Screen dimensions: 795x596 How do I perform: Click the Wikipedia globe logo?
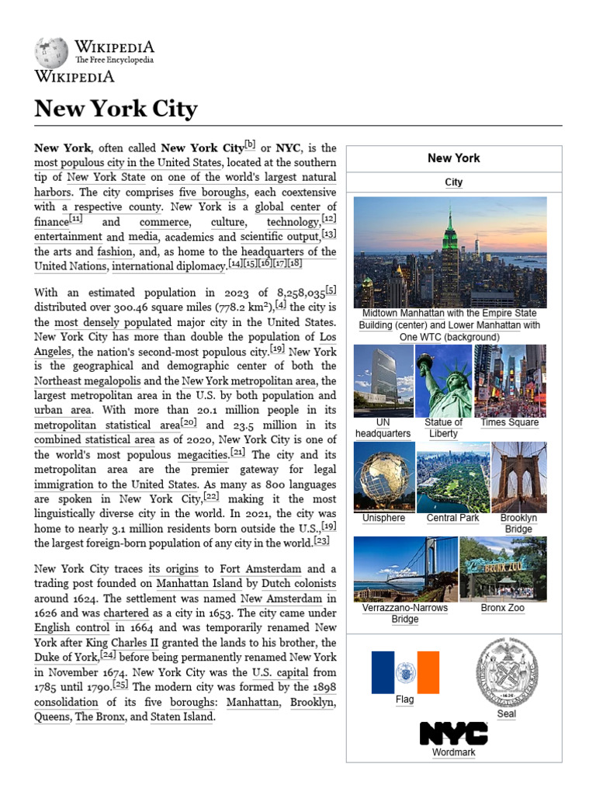pyautogui.click(x=51, y=52)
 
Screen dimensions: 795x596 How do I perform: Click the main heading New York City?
pyautogui.click(x=116, y=109)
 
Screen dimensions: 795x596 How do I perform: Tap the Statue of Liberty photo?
pyautogui.click(x=444, y=380)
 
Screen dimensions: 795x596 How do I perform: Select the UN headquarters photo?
pyautogui.click(x=383, y=380)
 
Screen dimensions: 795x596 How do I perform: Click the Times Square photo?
pyautogui.click(x=509, y=380)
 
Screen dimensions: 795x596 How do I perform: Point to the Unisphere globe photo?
pyautogui.click(x=383, y=477)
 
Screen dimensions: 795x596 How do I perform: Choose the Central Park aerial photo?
pyautogui.click(x=452, y=477)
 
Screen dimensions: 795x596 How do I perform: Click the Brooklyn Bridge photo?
pyautogui.click(x=518, y=477)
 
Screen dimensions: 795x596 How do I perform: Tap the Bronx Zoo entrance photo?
pyautogui.click(x=502, y=568)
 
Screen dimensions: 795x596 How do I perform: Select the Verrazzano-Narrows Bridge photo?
pyautogui.click(x=404, y=568)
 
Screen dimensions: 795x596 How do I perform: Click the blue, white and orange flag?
pyautogui.click(x=404, y=672)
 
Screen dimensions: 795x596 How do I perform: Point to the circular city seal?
pyautogui.click(x=506, y=672)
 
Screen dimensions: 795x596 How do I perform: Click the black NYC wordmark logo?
pyautogui.click(x=453, y=734)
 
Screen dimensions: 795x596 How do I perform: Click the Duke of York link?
pyautogui.click(x=66, y=658)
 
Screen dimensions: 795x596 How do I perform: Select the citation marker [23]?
pyautogui.click(x=322, y=540)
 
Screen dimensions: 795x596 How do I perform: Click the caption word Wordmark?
pyautogui.click(x=453, y=752)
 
